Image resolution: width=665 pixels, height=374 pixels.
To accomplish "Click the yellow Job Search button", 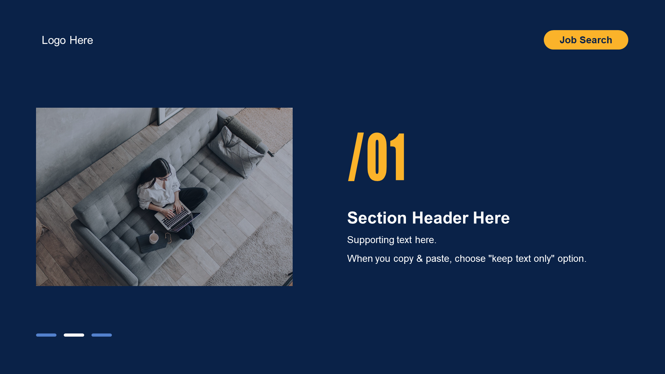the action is pyautogui.click(x=586, y=40).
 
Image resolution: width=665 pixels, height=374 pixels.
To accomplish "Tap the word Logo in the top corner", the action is pyautogui.click(x=54, y=40).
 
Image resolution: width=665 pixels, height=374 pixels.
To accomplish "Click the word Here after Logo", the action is pyautogui.click(x=81, y=40).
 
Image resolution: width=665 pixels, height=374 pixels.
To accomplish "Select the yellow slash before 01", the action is pyautogui.click(x=356, y=157).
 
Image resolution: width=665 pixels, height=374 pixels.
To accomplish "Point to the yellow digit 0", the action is pyautogui.click(x=376, y=157).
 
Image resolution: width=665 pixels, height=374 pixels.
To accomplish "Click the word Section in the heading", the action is pyautogui.click(x=377, y=218).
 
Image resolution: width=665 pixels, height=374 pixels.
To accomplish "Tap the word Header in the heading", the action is pyautogui.click(x=440, y=218).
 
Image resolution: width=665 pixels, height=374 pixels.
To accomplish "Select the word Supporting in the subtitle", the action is pyautogui.click(x=371, y=240).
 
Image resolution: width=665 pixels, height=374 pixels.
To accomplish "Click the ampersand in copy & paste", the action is pyautogui.click(x=419, y=259).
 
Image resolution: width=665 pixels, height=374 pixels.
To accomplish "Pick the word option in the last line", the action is pyautogui.click(x=572, y=259).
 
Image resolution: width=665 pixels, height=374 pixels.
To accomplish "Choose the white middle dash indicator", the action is pyautogui.click(x=74, y=335).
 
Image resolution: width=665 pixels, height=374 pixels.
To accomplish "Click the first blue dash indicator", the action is pyautogui.click(x=46, y=335).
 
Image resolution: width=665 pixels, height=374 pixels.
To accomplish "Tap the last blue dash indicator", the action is pyautogui.click(x=101, y=335).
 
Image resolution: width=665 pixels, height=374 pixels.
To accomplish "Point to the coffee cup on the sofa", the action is pyautogui.click(x=154, y=238).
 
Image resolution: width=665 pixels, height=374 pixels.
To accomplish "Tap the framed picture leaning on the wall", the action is pyautogui.click(x=169, y=115).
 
